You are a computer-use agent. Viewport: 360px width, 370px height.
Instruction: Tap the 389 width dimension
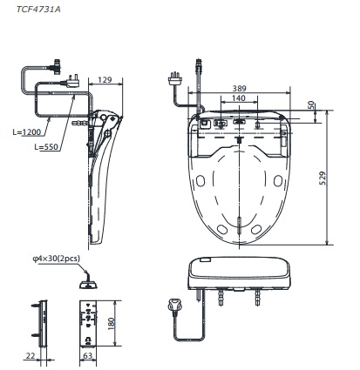click(239, 89)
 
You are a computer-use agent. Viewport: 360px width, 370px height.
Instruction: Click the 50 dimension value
click(311, 105)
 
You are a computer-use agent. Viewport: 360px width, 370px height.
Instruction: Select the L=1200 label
click(27, 133)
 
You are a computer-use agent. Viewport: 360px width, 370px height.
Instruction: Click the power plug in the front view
click(172, 306)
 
